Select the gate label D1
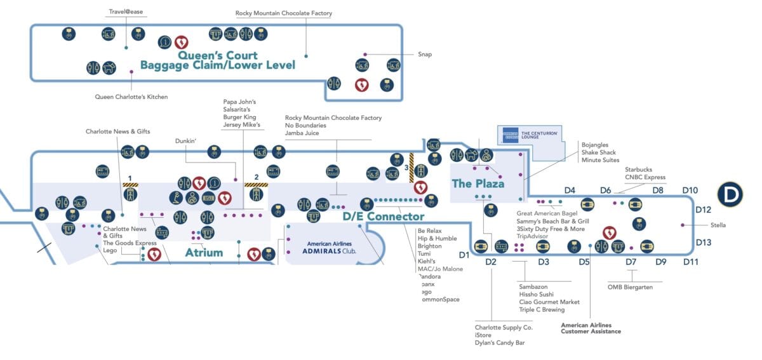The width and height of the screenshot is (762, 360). tap(464, 255)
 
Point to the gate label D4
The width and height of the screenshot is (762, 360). tap(570, 190)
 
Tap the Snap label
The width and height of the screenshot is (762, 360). tap(425, 55)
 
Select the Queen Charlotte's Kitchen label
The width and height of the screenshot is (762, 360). tap(131, 97)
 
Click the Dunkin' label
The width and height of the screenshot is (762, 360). tap(186, 141)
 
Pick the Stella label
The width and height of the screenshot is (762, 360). tap(718, 225)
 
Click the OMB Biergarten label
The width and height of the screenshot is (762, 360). tap(630, 287)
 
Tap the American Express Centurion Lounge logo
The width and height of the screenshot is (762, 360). tap(511, 135)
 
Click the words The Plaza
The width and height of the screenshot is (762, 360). tap(478, 184)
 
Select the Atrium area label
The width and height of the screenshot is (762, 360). tap(204, 253)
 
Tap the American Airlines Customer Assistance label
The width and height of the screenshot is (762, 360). tap(591, 328)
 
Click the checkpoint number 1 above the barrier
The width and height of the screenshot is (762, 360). tap(130, 177)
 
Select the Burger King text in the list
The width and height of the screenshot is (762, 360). tap(241, 117)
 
